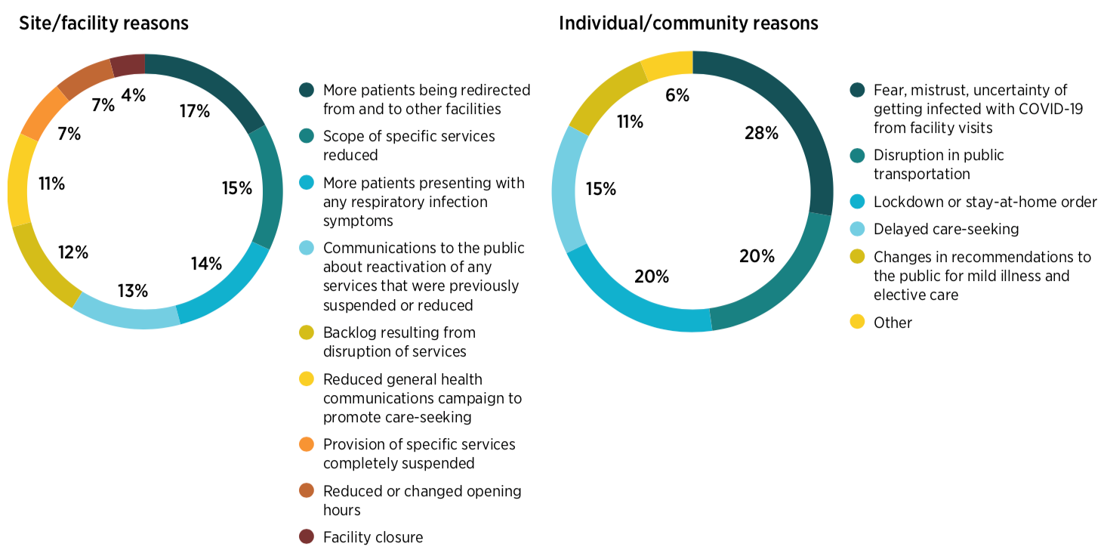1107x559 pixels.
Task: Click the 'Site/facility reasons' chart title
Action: tap(103, 23)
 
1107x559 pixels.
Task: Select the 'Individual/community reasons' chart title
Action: tap(688, 23)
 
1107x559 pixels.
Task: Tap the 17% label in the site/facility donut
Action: tap(195, 111)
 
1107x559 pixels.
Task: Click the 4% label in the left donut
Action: tap(133, 95)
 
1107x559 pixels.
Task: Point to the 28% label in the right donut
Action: tap(761, 133)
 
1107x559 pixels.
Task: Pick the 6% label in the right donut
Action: tap(677, 95)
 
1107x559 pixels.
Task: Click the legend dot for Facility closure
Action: tap(306, 537)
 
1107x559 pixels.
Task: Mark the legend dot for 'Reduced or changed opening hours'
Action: tap(306, 491)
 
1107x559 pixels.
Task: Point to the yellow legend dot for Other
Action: tap(857, 323)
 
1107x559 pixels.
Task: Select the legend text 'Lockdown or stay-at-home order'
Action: tap(985, 202)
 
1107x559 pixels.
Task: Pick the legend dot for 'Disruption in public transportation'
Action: tap(857, 155)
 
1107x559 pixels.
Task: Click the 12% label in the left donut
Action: tap(73, 252)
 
